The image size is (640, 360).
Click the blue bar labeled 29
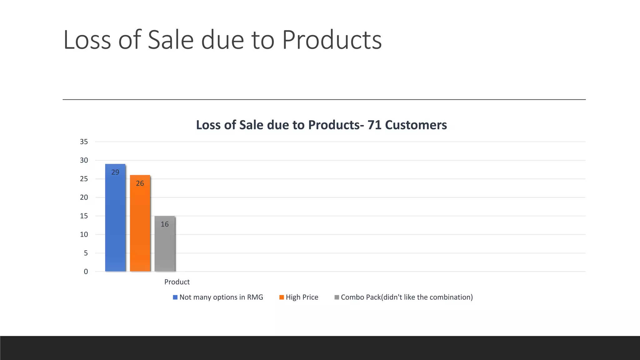[115, 219]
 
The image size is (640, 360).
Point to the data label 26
[140, 183]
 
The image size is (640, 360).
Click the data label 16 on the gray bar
[165, 224]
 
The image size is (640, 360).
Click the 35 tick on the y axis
[84, 142]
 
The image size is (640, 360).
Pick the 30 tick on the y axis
[84, 160]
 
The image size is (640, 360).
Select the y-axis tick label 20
[84, 197]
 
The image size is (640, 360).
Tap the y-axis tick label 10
[84, 235]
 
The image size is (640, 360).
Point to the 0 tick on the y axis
[86, 272]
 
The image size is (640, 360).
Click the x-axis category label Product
[177, 282]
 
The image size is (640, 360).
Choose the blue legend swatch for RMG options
[175, 297]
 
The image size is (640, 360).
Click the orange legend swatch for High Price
[282, 297]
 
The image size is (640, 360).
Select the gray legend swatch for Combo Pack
[337, 297]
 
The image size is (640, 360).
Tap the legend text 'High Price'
[302, 297]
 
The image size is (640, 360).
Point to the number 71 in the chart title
[374, 125]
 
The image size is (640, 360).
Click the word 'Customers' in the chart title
[416, 125]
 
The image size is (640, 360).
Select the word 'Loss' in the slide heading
[87, 40]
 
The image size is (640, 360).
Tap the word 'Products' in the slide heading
[332, 40]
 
